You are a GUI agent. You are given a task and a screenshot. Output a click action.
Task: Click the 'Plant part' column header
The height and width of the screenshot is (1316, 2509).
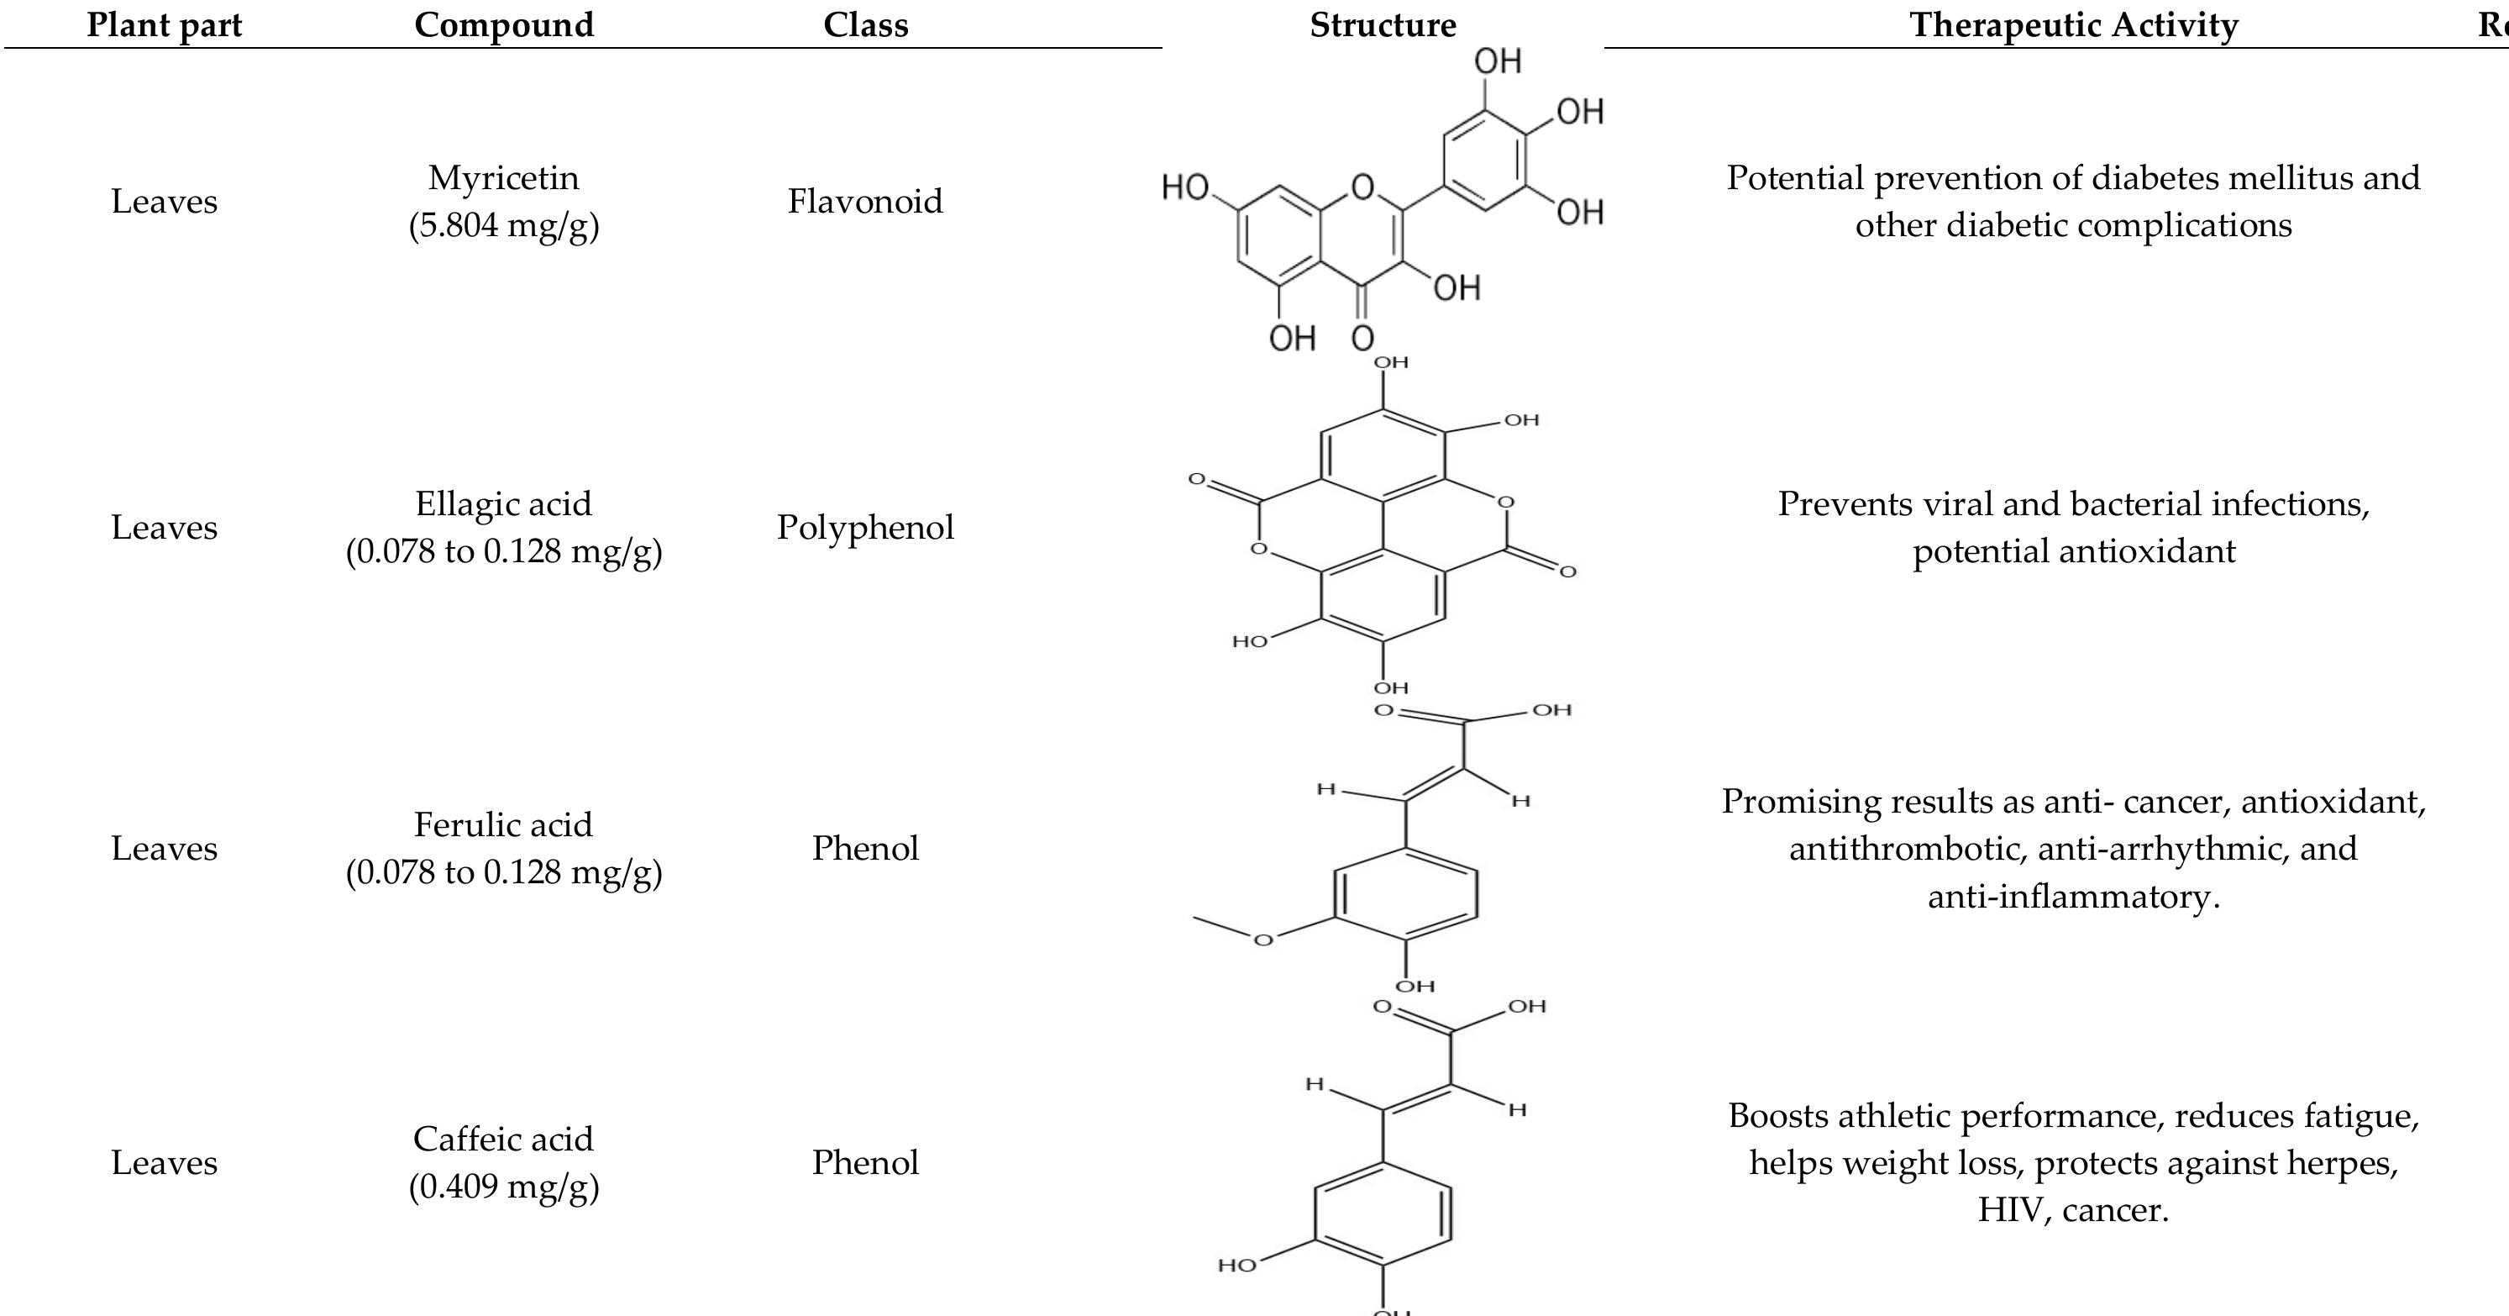click(164, 24)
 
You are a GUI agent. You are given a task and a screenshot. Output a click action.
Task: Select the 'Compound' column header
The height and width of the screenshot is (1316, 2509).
click(503, 24)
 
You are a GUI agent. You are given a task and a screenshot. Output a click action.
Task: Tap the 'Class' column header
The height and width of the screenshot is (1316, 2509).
click(865, 24)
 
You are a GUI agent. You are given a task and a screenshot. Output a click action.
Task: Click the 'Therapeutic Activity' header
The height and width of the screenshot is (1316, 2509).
click(2074, 24)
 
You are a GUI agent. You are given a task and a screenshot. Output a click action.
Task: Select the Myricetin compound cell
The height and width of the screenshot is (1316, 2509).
click(503, 201)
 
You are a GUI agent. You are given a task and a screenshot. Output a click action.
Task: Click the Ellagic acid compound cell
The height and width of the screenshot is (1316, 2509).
click(503, 527)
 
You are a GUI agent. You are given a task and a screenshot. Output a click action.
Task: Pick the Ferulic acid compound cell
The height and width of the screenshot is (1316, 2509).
click(503, 847)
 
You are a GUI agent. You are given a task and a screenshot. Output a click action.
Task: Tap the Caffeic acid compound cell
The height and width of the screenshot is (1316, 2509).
click(503, 1161)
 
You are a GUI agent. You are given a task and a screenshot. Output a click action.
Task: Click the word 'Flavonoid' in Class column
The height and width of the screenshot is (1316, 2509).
click(865, 201)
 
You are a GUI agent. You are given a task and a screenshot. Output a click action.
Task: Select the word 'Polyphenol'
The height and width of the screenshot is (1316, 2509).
click(865, 527)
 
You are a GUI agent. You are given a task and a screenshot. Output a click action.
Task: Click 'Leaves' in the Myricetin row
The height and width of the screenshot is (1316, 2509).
click(164, 201)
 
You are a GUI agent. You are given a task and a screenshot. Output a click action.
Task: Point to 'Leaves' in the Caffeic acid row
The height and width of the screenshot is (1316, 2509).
click(164, 1161)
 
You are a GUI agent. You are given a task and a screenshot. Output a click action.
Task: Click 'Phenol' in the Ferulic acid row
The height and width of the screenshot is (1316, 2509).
click(865, 847)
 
